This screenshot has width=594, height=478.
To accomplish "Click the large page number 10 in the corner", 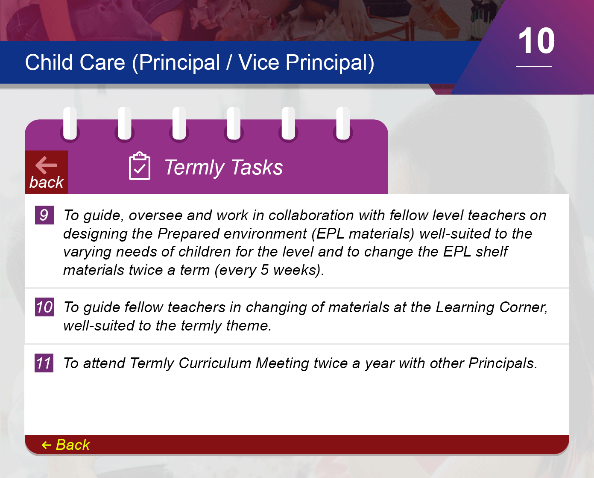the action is click(536, 41).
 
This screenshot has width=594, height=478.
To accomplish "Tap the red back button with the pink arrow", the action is click(47, 172).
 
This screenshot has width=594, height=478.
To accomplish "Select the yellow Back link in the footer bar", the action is click(66, 445).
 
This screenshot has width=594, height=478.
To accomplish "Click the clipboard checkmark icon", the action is click(140, 166).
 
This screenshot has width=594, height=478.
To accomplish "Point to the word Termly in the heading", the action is click(194, 168).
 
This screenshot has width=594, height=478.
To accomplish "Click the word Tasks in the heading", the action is click(257, 167).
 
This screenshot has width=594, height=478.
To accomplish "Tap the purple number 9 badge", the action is click(44, 215).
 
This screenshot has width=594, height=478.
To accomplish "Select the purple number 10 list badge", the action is click(44, 307).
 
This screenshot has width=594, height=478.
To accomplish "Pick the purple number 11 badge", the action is click(44, 363).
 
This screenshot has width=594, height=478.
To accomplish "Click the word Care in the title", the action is click(102, 62).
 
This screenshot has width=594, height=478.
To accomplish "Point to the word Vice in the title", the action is click(258, 62).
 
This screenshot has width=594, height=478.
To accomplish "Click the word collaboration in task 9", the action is click(311, 215).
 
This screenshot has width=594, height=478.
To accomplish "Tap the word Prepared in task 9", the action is click(190, 233).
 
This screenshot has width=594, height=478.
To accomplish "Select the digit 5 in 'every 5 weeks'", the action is click(264, 270).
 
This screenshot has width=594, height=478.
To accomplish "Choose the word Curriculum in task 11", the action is click(215, 363).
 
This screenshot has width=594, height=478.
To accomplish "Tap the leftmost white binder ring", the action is click(70, 124).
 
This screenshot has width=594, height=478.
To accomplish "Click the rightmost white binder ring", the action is click(343, 124).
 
